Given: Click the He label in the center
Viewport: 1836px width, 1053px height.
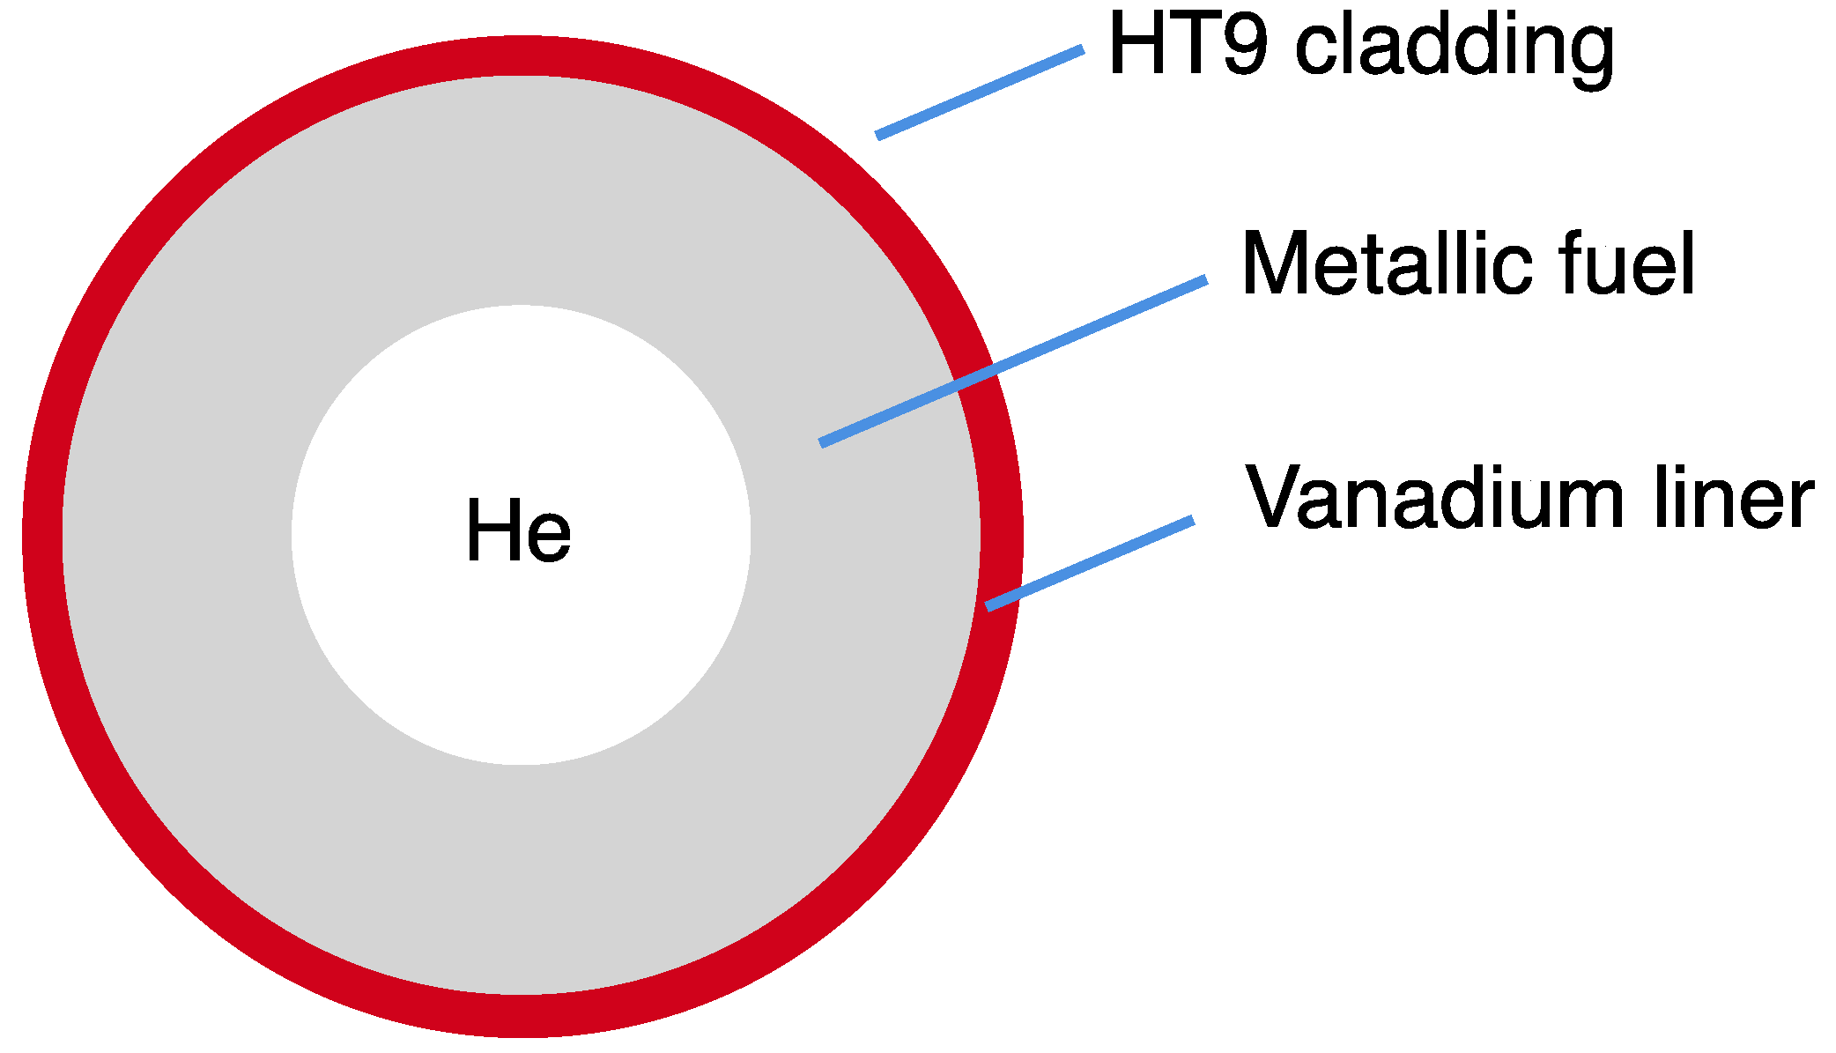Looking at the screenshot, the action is tap(518, 530).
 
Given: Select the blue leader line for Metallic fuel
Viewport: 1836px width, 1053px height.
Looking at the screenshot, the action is tap(1013, 361).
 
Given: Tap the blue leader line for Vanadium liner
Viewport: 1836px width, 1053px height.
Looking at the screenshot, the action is tap(1090, 562).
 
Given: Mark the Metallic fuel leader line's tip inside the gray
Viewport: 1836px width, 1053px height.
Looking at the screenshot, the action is tap(824, 442).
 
